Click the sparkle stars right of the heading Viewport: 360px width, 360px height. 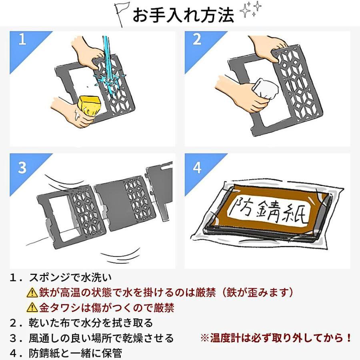[250, 11]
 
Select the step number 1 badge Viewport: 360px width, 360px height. [22, 40]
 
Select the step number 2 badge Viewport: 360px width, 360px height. [196, 40]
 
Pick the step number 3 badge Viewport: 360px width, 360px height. [22, 168]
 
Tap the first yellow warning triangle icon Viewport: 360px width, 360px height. [32, 293]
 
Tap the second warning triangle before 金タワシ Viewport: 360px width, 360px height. [32, 308]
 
